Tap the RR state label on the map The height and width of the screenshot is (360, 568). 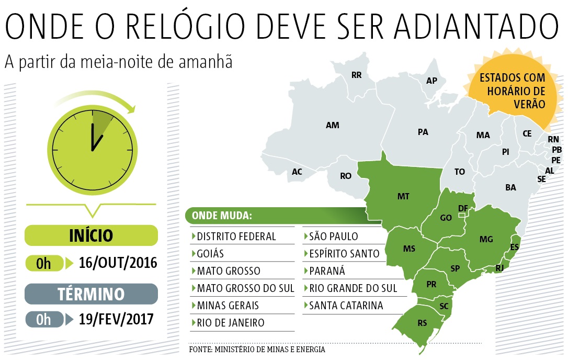click(x=356, y=75)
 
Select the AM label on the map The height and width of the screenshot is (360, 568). click(x=332, y=125)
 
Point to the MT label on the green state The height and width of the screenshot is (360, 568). click(x=403, y=196)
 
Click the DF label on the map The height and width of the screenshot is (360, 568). click(x=462, y=208)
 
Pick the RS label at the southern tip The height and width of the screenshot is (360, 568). click(x=422, y=323)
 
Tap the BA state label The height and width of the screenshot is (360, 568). click(x=510, y=187)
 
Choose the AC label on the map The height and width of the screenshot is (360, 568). click(x=297, y=172)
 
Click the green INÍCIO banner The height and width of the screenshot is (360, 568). click(x=91, y=235)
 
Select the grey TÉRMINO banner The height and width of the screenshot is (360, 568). click(x=91, y=294)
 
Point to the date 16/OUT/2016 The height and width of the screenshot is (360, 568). click(x=118, y=262)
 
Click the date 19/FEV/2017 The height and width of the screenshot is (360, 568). click(x=116, y=319)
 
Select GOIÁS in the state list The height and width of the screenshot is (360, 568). click(x=210, y=254)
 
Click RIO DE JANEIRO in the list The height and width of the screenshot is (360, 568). click(x=231, y=322)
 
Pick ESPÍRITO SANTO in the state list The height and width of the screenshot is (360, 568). click(x=344, y=254)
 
